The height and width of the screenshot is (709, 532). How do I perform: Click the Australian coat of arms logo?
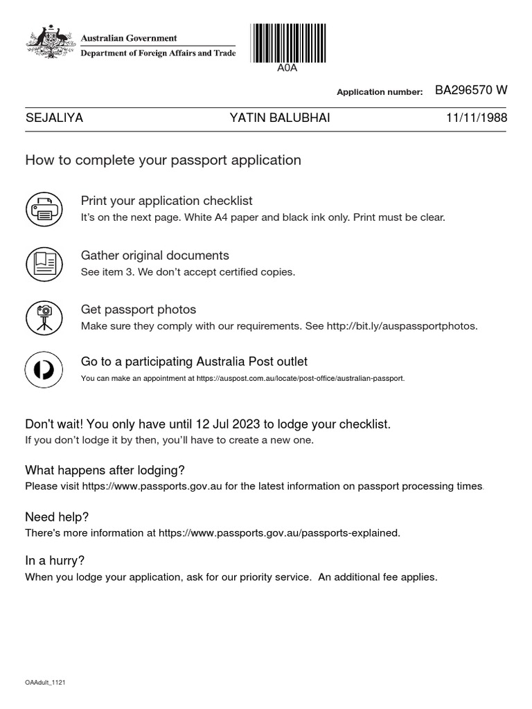(x=51, y=42)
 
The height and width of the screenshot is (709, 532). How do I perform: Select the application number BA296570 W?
(x=471, y=91)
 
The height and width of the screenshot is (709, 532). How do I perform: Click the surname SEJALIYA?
(x=54, y=118)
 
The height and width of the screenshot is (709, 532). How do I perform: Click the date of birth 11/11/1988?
(x=477, y=118)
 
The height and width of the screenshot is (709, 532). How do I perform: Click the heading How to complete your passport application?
(x=163, y=161)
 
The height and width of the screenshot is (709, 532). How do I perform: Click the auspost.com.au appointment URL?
(x=299, y=379)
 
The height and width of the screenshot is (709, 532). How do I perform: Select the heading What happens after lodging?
(x=105, y=470)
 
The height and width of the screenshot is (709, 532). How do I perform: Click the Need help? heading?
(x=57, y=517)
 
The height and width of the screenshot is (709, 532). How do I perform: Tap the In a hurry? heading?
(x=55, y=561)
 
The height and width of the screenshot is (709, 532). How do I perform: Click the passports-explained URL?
(x=278, y=533)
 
